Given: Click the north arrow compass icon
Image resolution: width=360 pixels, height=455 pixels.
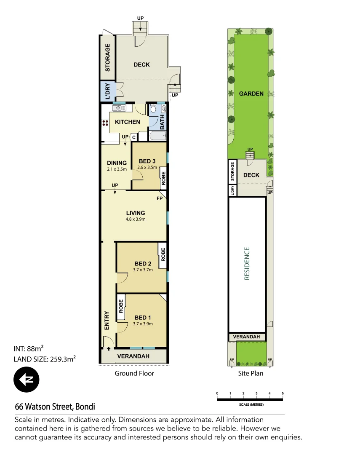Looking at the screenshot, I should pyautogui.click(x=26, y=380).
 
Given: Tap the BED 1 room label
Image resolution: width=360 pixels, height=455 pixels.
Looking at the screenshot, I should pyautogui.click(x=142, y=317).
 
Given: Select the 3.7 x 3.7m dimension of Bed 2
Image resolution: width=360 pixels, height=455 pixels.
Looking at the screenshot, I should pyautogui.click(x=142, y=270).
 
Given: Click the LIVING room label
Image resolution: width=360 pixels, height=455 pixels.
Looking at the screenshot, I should pyautogui.click(x=135, y=213).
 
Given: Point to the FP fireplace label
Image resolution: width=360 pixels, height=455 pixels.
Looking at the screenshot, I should pyautogui.click(x=160, y=198).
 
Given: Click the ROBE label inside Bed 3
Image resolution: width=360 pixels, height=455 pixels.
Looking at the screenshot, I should pyautogui.click(x=163, y=176).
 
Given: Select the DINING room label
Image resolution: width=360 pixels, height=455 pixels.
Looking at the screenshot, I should pyautogui.click(x=117, y=163).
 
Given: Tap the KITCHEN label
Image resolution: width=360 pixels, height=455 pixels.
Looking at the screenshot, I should pyautogui.click(x=128, y=122).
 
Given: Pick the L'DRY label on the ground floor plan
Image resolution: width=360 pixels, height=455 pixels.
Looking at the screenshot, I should pyautogui.click(x=107, y=91).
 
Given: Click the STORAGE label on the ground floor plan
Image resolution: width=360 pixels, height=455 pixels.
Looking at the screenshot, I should pyautogui.click(x=107, y=57).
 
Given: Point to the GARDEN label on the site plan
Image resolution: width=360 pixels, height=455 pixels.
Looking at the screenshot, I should pyautogui.click(x=251, y=94).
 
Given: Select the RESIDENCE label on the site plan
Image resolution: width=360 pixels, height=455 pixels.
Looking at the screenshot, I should pyautogui.click(x=247, y=263).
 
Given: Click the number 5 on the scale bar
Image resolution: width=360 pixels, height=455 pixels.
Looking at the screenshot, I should pyautogui.click(x=283, y=393).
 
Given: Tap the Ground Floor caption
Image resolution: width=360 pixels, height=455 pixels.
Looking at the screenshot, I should pyautogui.click(x=134, y=373).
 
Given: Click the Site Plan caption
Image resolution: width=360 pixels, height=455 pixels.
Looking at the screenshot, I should pyautogui.click(x=251, y=373).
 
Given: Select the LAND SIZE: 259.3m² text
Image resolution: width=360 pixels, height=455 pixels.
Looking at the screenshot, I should pyautogui.click(x=45, y=359).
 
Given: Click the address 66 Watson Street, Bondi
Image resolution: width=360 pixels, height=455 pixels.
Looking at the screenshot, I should pyautogui.click(x=55, y=407).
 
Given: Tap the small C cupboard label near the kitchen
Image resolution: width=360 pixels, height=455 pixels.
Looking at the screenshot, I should pyautogui.click(x=134, y=137).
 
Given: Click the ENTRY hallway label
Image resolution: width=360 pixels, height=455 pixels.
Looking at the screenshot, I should pyautogui.click(x=107, y=320).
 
